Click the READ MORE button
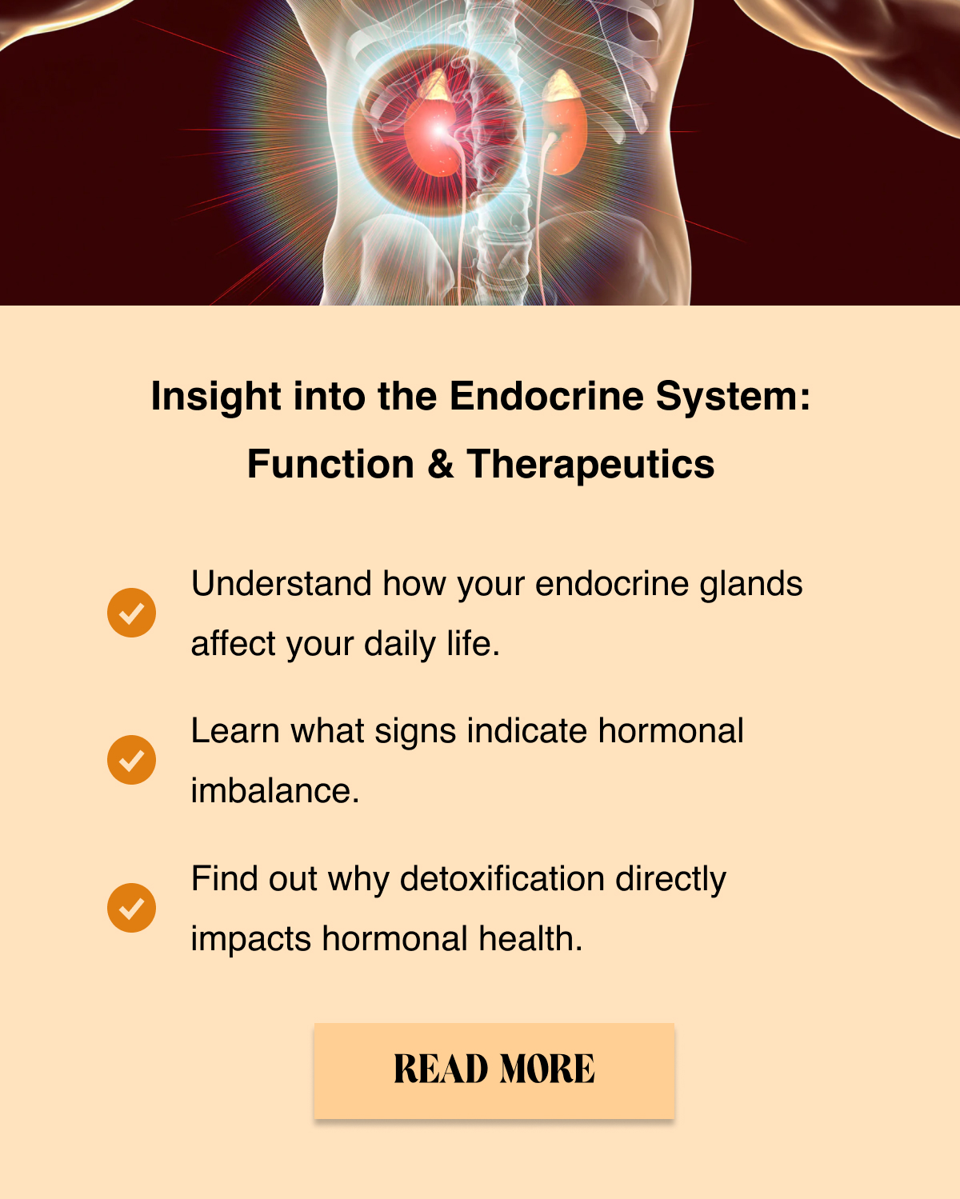[494, 1070]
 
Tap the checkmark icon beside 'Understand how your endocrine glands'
[131, 613]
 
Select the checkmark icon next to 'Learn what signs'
[131, 760]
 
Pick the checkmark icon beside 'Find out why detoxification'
[131, 908]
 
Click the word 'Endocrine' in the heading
[546, 396]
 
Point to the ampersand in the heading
[440, 464]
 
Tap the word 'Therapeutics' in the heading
[590, 466]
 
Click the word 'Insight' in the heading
[216, 398]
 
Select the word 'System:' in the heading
[733, 398]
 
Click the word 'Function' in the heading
[330, 464]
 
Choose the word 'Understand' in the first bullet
[282, 583]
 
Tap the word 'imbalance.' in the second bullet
[275, 790]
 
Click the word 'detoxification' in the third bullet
[502, 878]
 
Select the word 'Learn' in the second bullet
[235, 730]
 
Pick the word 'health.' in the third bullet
[531, 937]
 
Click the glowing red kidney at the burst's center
[434, 136]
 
